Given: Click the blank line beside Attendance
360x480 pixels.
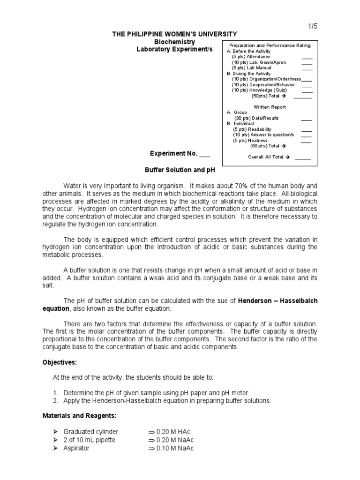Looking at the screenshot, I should tap(307, 57).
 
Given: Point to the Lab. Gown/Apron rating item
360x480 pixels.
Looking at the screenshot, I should tap(259, 62).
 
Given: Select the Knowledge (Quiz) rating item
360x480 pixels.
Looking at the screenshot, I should tap(263, 90).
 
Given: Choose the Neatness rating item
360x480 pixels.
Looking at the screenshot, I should tap(250, 140).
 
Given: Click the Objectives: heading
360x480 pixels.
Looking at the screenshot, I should tap(60, 363).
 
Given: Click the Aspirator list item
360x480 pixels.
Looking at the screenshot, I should tap(76, 448).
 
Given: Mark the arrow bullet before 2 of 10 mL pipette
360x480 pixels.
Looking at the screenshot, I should tap(58, 440).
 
